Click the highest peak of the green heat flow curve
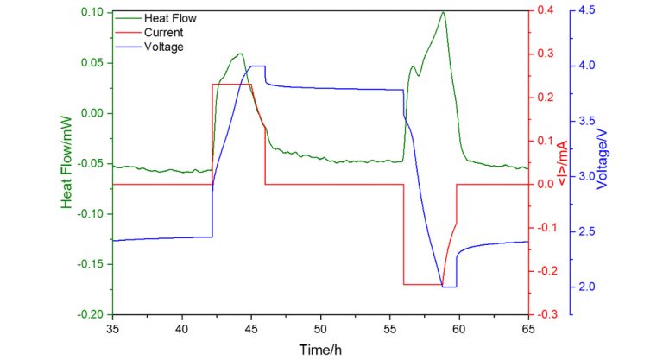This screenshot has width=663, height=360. coord(443,12)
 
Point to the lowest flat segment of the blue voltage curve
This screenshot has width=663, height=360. coord(449,287)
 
